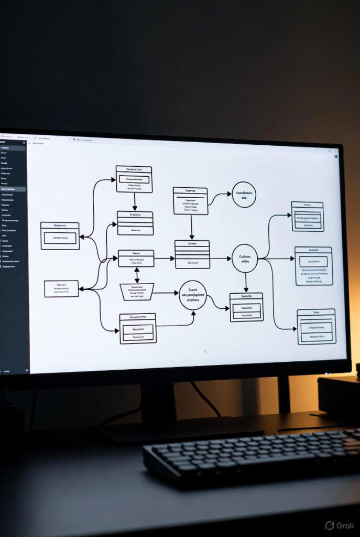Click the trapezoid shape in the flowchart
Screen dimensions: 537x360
point(137,292)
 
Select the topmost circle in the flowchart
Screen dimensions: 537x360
point(244,195)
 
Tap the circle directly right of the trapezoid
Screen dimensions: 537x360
point(193,295)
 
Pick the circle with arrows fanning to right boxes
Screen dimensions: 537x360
point(245,258)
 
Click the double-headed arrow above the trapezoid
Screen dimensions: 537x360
point(137,275)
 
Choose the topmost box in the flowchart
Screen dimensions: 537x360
point(134,179)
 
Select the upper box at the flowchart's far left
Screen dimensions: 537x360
point(60,235)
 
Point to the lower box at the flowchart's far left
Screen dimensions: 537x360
point(61,288)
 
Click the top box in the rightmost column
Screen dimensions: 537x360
point(308,216)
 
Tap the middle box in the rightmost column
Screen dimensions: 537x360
point(313,266)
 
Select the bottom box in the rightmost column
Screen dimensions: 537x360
point(316,326)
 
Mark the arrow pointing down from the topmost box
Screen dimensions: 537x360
point(135,201)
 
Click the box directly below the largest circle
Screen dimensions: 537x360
point(246,307)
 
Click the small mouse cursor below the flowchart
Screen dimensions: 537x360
point(205,351)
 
